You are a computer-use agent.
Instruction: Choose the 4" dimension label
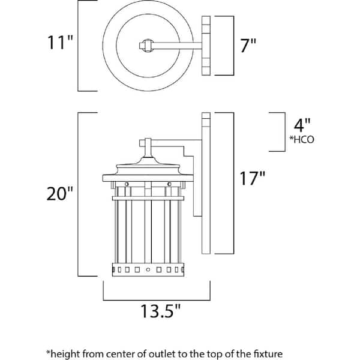tap(302, 126)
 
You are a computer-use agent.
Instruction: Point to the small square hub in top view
tap(145, 44)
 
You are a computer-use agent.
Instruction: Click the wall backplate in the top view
tap(207, 46)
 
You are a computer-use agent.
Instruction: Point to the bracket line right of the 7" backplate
tap(232, 46)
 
